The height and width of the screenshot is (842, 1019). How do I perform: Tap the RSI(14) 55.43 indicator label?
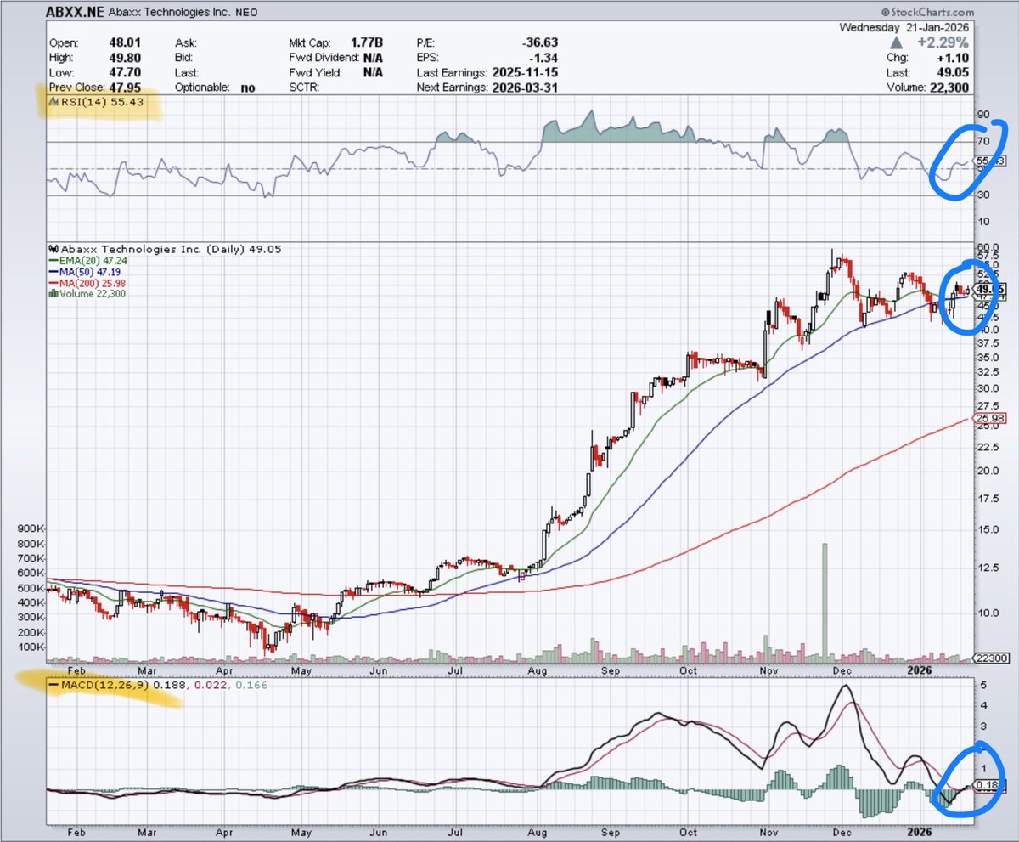[x=90, y=102]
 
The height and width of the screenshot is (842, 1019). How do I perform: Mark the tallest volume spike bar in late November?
[x=824, y=599]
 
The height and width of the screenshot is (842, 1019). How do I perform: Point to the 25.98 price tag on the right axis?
[x=990, y=418]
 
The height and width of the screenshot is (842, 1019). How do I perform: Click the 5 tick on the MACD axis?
[x=982, y=685]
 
